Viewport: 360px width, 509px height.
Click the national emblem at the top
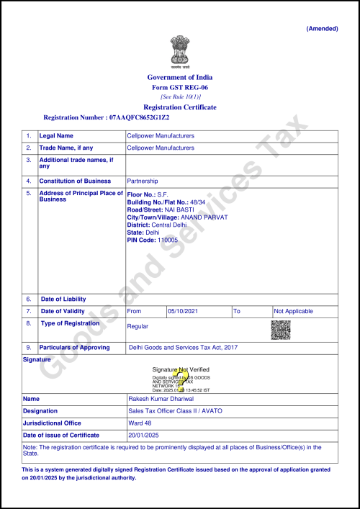[180, 50]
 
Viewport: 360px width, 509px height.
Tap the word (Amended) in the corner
[323, 28]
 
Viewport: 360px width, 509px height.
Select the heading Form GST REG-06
[180, 87]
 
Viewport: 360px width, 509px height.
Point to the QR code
[280, 330]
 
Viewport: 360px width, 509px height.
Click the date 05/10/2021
[182, 311]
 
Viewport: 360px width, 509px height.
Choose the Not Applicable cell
[294, 311]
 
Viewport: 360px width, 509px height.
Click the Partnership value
[142, 181]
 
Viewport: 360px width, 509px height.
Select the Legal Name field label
[56, 135]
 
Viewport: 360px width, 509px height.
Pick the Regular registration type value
[138, 326]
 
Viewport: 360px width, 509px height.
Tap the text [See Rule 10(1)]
[180, 96]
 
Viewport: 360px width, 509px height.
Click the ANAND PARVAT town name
[205, 217]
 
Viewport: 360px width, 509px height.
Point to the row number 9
[29, 347]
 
